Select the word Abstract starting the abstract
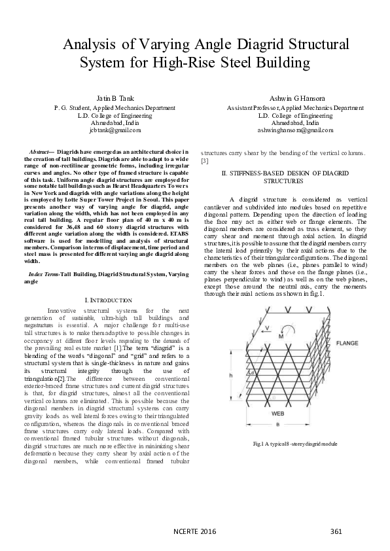pyautogui.click(x=43, y=151)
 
